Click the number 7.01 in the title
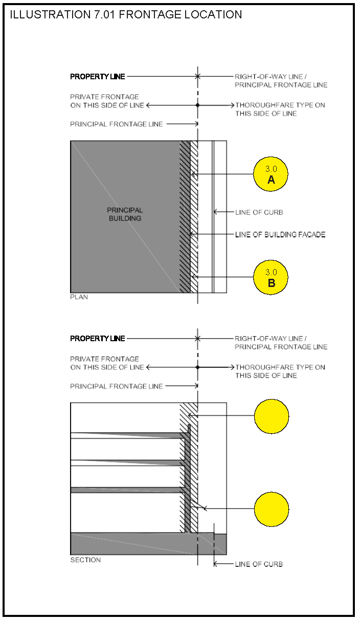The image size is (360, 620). pos(104,15)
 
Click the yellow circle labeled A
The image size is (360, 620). pos(271,174)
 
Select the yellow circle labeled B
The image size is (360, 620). pos(271,278)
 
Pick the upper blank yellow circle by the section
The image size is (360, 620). pos(272,416)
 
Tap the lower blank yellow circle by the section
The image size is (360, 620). pos(272,509)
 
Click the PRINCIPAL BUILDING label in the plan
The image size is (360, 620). pos(125,214)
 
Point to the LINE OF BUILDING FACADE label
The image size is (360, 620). pos(280,235)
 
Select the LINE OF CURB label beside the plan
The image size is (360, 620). pos(259,212)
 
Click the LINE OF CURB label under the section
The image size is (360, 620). pos(259,564)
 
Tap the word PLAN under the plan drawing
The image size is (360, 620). pos(79,297)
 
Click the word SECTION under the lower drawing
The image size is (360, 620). pos(85,560)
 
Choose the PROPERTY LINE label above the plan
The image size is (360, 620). pos(97,77)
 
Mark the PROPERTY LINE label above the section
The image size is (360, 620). pos(97,339)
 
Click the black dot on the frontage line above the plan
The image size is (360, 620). pos(197,105)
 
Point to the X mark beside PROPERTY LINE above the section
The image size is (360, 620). pos(197,339)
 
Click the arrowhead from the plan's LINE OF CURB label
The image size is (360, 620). pos(215,212)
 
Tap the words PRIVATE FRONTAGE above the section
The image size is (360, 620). pos(104,359)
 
